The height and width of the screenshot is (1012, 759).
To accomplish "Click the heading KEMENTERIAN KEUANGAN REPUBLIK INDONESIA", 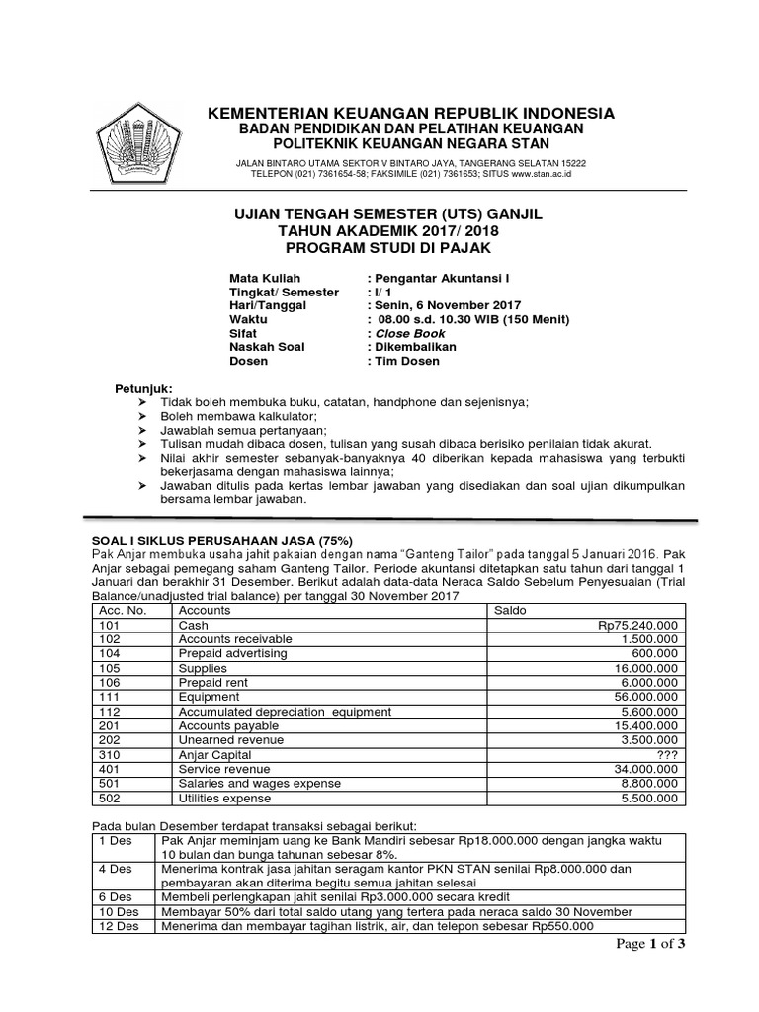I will point(410,113).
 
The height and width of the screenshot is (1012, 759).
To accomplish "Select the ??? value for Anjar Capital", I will point(663,754).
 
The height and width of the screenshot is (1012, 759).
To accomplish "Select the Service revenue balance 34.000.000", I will point(642,769).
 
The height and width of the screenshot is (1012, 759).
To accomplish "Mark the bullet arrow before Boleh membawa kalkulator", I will point(142,417).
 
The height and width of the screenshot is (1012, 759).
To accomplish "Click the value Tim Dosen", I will point(407,362).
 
